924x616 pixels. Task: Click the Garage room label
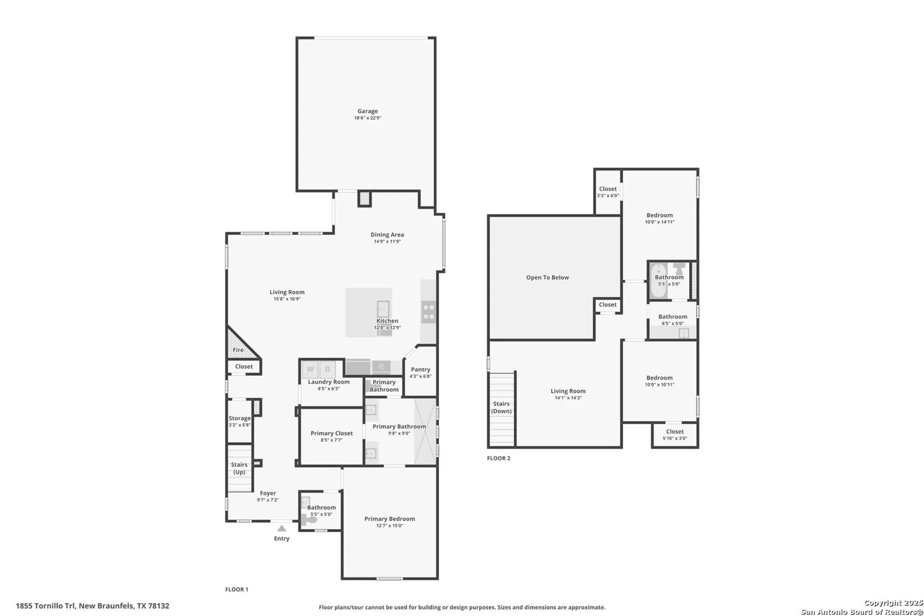[368, 111]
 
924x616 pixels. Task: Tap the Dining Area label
[387, 235]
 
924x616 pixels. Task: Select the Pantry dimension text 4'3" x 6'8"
[420, 376]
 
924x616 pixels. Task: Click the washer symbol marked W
[310, 369]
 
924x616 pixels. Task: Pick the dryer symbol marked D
[328, 369]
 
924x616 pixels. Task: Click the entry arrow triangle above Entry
[282, 528]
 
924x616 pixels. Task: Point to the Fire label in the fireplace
[238, 350]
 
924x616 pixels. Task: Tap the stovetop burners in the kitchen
[428, 312]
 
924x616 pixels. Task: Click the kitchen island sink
[383, 308]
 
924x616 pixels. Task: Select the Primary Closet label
[331, 433]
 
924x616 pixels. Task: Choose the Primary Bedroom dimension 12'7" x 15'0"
[389, 525]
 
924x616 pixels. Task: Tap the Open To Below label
[547, 277]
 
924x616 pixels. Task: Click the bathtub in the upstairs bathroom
[658, 281]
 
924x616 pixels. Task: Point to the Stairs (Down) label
[501, 408]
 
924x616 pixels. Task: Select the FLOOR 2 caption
[498, 458]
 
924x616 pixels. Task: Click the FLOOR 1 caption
[237, 589]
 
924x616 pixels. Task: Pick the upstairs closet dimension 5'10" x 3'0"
[675, 438]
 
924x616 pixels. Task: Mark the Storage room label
[240, 418]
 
